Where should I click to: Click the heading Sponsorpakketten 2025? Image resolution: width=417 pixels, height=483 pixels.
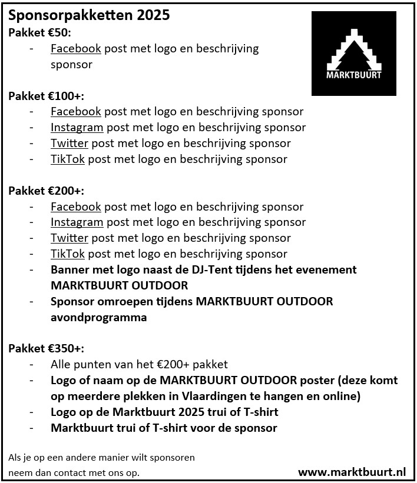click(89, 16)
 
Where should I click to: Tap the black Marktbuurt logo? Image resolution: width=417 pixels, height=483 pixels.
click(353, 54)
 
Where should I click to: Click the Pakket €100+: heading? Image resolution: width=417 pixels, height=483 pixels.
click(46, 96)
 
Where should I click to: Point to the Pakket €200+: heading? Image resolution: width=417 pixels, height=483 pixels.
click(46, 191)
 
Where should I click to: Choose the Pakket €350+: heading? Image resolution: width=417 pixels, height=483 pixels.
click(46, 349)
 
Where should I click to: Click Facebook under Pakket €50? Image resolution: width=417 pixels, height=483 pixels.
click(76, 49)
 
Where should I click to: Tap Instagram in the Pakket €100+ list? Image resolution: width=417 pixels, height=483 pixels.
click(77, 128)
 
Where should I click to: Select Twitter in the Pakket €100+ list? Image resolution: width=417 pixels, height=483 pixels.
click(69, 144)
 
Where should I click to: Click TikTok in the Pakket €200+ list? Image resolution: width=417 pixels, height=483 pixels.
click(68, 254)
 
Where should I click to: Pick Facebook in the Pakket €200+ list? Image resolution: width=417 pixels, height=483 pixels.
click(76, 206)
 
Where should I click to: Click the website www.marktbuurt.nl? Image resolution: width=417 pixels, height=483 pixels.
click(352, 472)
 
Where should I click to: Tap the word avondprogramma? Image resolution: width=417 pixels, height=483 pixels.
click(98, 318)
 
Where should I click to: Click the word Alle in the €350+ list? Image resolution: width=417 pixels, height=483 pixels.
click(61, 365)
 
